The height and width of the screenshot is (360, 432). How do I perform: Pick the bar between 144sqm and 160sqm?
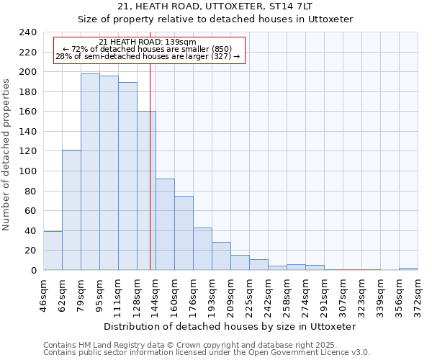click(x=165, y=224)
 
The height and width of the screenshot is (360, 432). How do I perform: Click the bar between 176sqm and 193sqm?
click(x=202, y=248)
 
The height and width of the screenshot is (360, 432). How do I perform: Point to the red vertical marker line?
click(x=150, y=180)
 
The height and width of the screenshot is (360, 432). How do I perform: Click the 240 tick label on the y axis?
click(x=27, y=32)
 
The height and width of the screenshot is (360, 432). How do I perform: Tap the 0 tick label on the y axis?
click(x=34, y=271)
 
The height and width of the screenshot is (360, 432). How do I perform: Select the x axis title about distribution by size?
click(x=230, y=326)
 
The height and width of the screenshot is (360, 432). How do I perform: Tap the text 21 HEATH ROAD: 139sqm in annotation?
click(x=147, y=42)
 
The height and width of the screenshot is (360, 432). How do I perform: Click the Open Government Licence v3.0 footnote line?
click(x=206, y=352)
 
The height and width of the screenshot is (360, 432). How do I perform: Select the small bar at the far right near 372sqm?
click(x=408, y=269)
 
